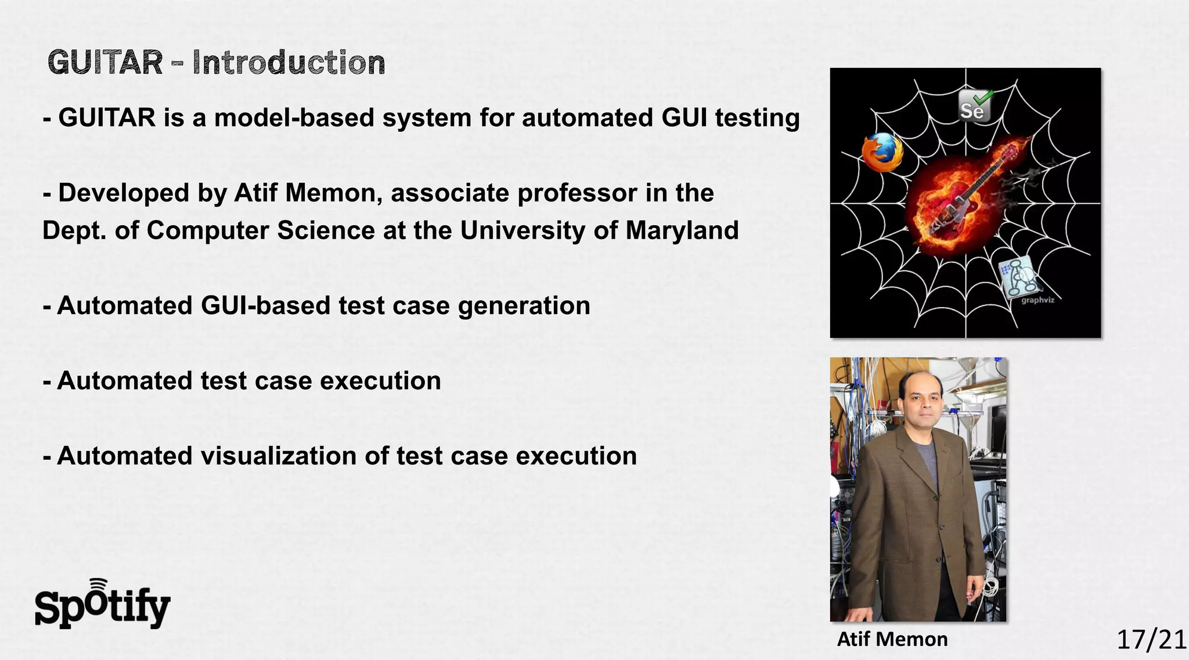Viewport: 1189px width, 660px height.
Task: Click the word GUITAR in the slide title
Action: click(x=105, y=63)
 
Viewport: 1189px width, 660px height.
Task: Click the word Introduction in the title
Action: click(x=289, y=63)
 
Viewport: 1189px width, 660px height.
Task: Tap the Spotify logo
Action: click(x=102, y=605)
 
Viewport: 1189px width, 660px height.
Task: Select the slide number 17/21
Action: click(x=1151, y=640)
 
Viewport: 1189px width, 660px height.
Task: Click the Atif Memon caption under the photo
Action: click(x=892, y=639)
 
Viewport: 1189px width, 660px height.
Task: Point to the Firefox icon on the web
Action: click(x=881, y=152)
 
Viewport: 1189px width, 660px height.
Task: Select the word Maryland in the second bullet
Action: click(x=682, y=230)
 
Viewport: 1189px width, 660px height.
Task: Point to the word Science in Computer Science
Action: click(x=326, y=230)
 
